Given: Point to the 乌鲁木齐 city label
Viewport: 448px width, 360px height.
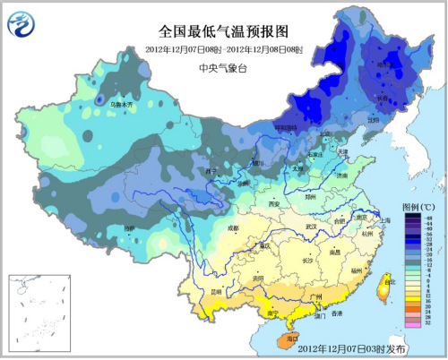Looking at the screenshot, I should [x=121, y=105].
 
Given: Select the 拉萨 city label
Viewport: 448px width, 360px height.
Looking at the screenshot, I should [x=130, y=228].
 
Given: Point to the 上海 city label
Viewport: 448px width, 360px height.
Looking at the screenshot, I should [x=383, y=219].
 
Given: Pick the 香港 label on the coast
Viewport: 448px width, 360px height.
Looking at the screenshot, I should [x=336, y=313].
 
